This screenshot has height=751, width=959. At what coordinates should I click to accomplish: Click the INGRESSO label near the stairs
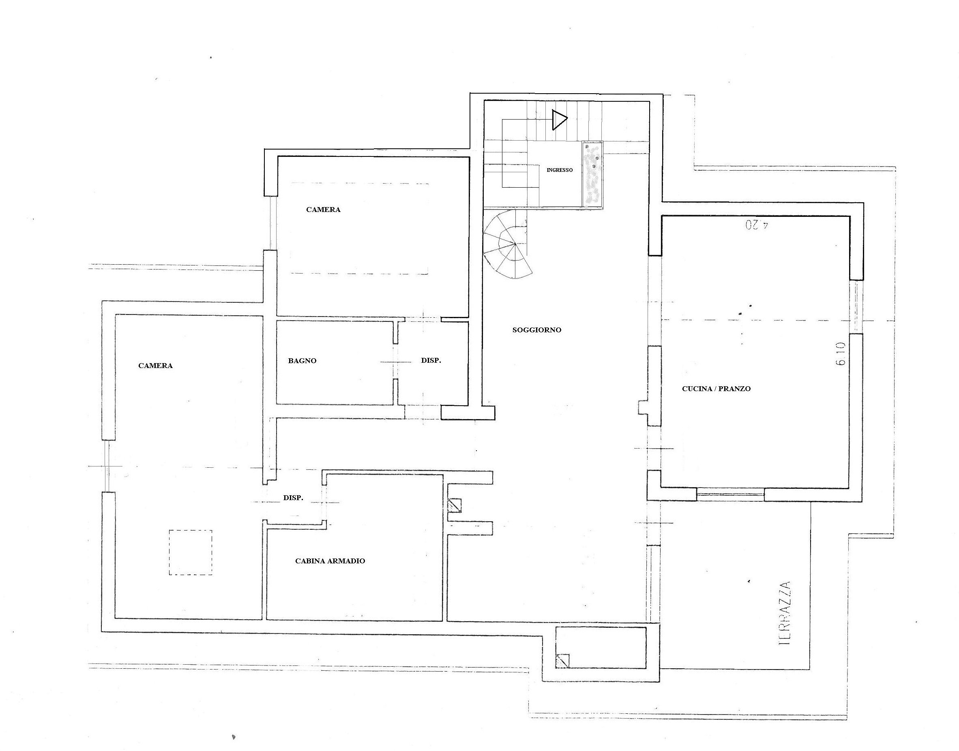pyautogui.click(x=560, y=170)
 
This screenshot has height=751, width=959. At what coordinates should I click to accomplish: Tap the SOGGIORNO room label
pyautogui.click(x=537, y=330)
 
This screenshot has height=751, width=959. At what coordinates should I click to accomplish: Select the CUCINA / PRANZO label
pyautogui.click(x=716, y=389)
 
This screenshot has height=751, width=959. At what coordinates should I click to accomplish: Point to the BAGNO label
pyautogui.click(x=302, y=361)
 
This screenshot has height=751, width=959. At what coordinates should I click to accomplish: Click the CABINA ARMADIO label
pyautogui.click(x=330, y=561)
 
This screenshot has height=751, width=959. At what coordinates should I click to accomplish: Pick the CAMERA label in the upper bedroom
pyautogui.click(x=323, y=210)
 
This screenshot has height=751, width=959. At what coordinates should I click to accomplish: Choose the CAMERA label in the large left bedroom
pyautogui.click(x=155, y=366)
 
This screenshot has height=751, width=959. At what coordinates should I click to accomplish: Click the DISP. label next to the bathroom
pyautogui.click(x=431, y=361)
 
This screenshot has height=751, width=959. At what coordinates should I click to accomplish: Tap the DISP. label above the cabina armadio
pyautogui.click(x=293, y=498)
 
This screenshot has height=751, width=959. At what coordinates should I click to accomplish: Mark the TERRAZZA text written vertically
pyautogui.click(x=784, y=613)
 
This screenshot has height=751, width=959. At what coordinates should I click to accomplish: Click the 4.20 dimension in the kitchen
pyautogui.click(x=757, y=225)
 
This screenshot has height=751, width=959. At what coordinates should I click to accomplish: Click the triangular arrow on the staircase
pyautogui.click(x=559, y=120)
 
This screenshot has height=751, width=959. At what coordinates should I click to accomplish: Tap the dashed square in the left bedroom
pyautogui.click(x=191, y=552)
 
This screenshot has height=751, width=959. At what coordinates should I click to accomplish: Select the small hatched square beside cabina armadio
pyautogui.click(x=455, y=505)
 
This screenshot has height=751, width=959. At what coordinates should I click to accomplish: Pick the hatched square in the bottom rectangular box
pyautogui.click(x=563, y=661)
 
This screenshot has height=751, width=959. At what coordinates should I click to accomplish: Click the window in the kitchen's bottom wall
pyautogui.click(x=730, y=495)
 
